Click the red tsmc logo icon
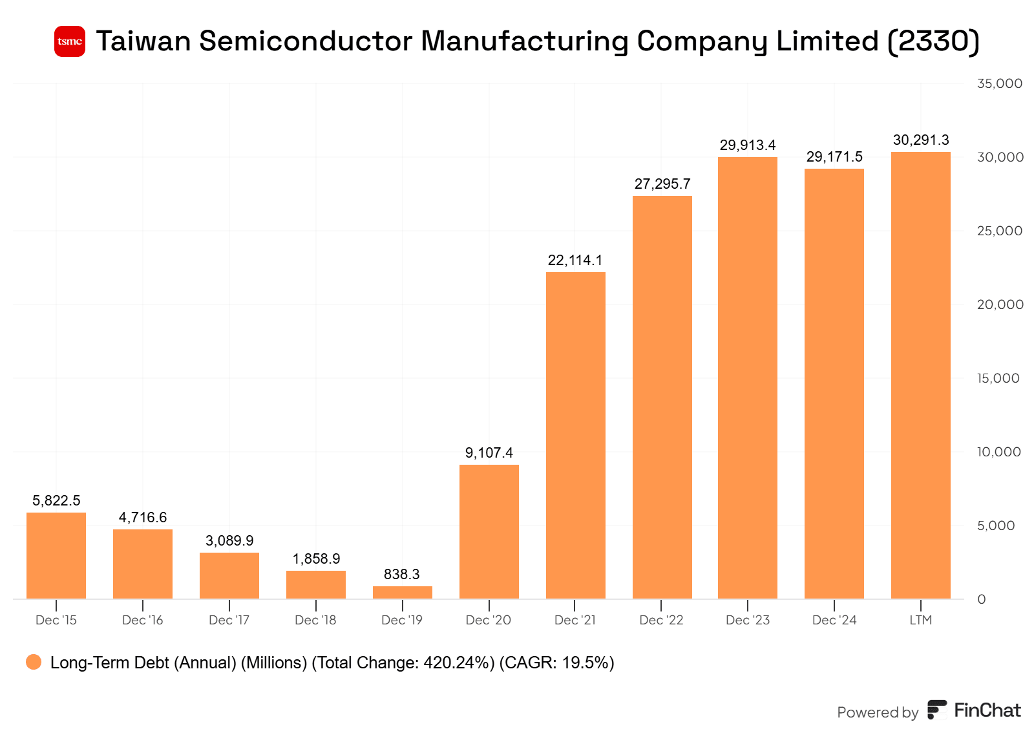[70, 41]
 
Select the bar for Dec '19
[402, 592]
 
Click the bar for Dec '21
[575, 435]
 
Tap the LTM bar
[920, 375]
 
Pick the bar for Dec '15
[56, 555]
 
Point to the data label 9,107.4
[489, 452]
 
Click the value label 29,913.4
[748, 145]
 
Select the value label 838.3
[402, 574]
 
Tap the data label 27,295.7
[662, 184]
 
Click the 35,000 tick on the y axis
[999, 83]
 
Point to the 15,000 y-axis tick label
[998, 378]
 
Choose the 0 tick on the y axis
[981, 599]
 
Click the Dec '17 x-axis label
[229, 620]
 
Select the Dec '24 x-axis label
[834, 620]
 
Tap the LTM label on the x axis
[920, 620]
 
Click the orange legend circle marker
[34, 662]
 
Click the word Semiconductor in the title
[306, 41]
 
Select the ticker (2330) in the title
[933, 41]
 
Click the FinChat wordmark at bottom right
[987, 710]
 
